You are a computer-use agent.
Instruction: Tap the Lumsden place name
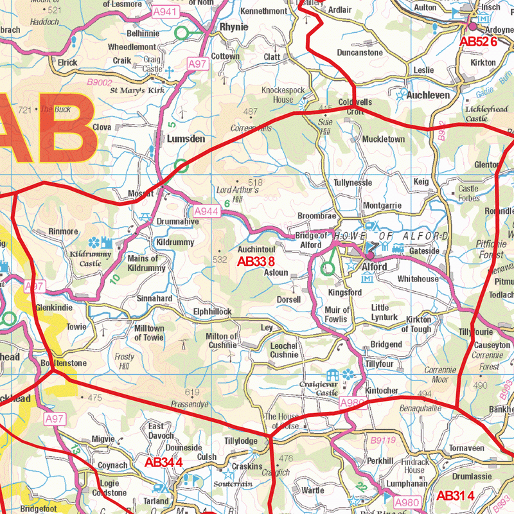(186, 138)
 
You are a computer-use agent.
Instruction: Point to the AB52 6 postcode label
(478, 41)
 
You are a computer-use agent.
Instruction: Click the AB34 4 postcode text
(163, 463)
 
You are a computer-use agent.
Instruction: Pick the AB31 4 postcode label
(455, 495)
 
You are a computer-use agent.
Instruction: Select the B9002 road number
(100, 82)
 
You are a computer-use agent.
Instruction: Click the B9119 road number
(383, 440)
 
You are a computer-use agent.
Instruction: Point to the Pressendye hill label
(190, 405)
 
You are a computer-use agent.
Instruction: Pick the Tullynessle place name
(353, 182)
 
